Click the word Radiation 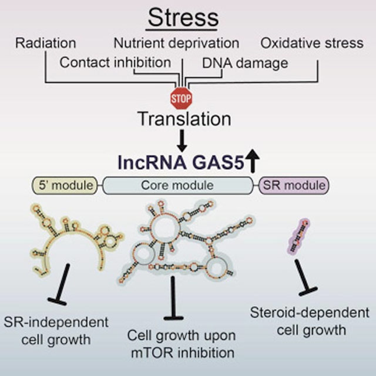[x=46, y=43]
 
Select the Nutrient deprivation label [x=176, y=43]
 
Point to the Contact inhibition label [x=116, y=62]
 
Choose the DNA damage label [x=237, y=62]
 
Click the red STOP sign [x=181, y=96]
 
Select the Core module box [x=180, y=186]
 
